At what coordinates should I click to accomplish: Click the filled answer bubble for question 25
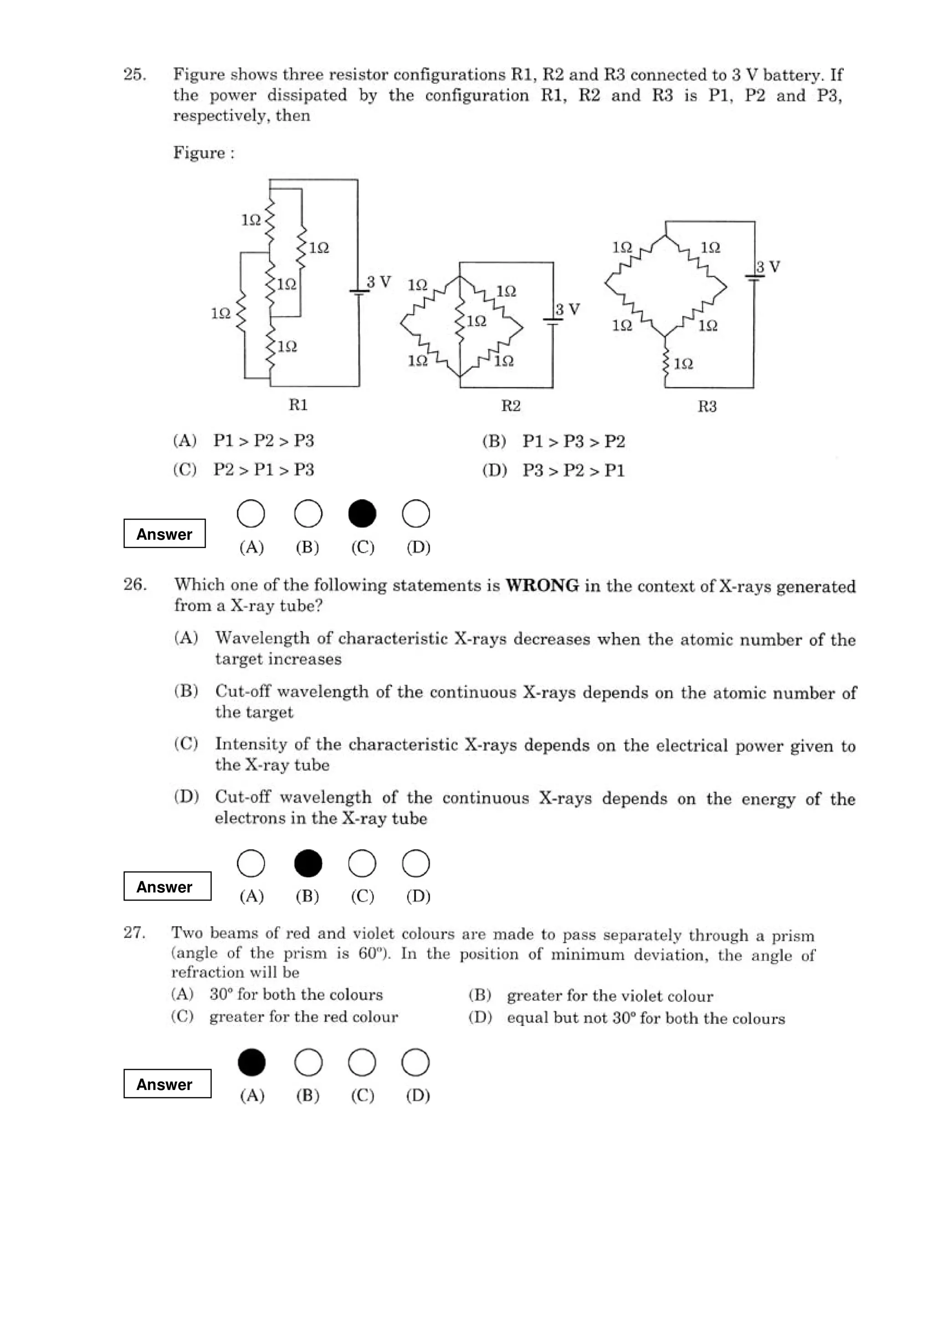coord(362,513)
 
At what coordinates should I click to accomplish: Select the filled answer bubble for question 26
coord(308,864)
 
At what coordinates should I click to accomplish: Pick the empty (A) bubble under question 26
coord(251,864)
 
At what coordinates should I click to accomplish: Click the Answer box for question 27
coord(167,1084)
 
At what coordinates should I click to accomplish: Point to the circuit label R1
coord(298,405)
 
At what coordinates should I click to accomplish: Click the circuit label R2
coord(511,406)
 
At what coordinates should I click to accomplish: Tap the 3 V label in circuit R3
coord(768,267)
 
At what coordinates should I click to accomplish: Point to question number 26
coord(134,585)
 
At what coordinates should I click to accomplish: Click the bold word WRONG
coord(542,585)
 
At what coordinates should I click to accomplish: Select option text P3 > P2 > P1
coord(573,470)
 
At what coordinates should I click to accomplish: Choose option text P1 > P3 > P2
coord(573,441)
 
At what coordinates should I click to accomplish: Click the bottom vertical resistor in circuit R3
coord(666,363)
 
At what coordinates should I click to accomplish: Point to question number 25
coord(134,75)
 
